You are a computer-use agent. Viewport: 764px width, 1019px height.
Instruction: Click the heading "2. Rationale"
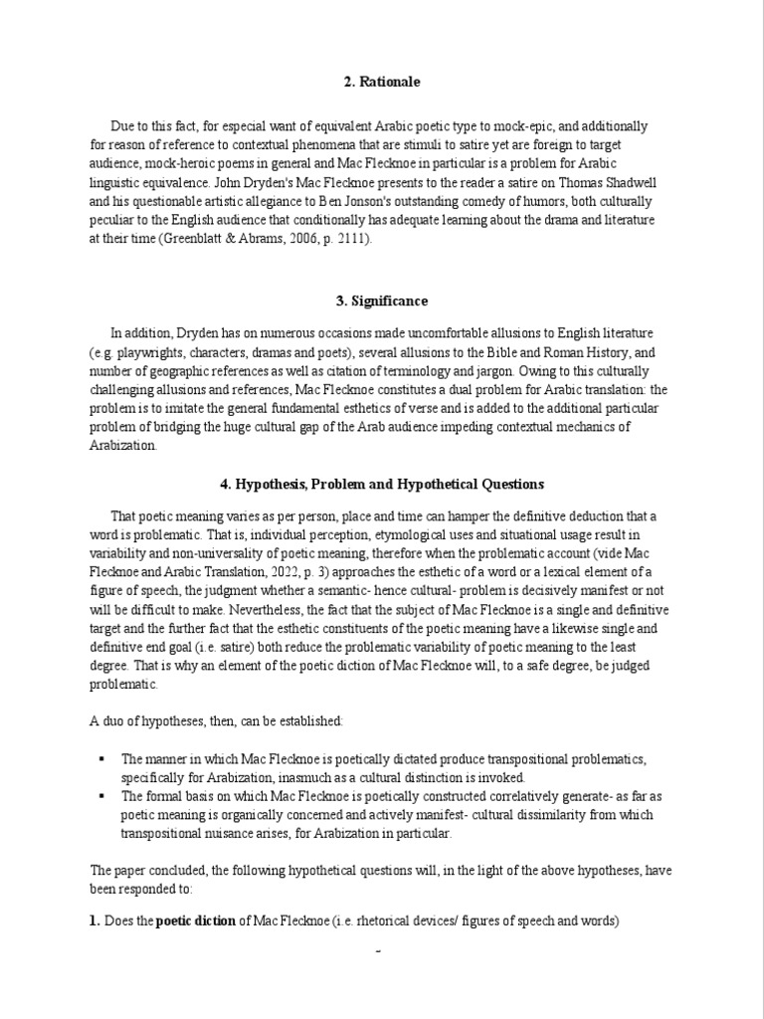coord(382,82)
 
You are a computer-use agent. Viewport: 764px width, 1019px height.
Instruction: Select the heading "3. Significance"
coord(382,301)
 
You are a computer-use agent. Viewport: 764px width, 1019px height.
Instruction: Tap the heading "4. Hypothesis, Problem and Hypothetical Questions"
coord(382,484)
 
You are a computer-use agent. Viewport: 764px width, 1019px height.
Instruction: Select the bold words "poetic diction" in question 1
coord(195,920)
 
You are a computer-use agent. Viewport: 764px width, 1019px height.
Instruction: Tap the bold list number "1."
coord(95,920)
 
